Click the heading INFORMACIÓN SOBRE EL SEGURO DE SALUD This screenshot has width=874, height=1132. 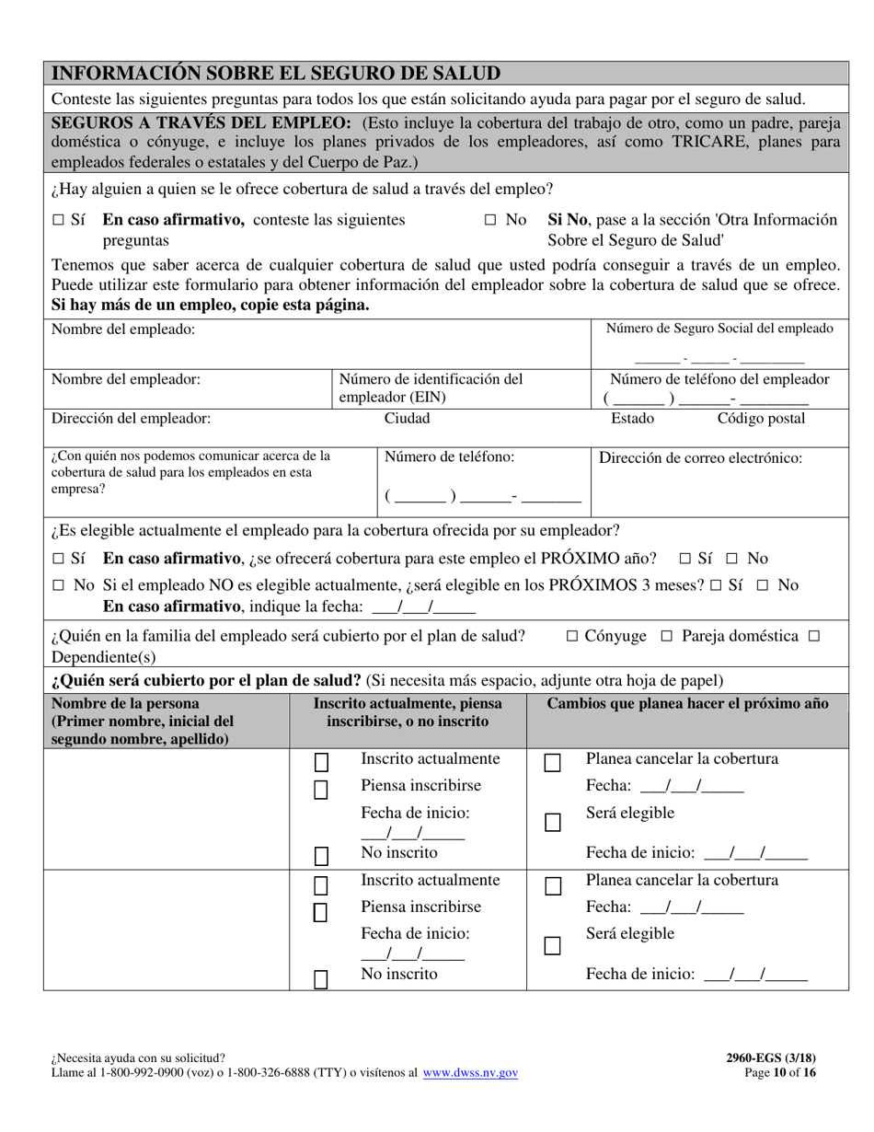[276, 74]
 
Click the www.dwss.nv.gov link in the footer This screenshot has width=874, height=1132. [470, 1072]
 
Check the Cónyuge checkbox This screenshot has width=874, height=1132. [572, 636]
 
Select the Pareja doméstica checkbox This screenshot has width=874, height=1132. [667, 636]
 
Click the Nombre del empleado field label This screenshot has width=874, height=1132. [123, 329]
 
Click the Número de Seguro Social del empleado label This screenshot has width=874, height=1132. [719, 329]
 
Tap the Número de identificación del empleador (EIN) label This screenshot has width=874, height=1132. [431, 388]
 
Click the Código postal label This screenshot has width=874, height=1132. [761, 419]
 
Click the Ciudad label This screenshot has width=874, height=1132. [407, 419]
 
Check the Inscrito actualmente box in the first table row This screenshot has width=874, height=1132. [321, 763]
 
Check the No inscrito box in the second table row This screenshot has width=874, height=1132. [321, 979]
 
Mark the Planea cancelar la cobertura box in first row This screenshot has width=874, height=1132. [552, 763]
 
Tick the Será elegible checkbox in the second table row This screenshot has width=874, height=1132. [552, 945]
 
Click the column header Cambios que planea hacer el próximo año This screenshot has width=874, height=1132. [686, 704]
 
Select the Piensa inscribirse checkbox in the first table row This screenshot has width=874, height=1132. [321, 791]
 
